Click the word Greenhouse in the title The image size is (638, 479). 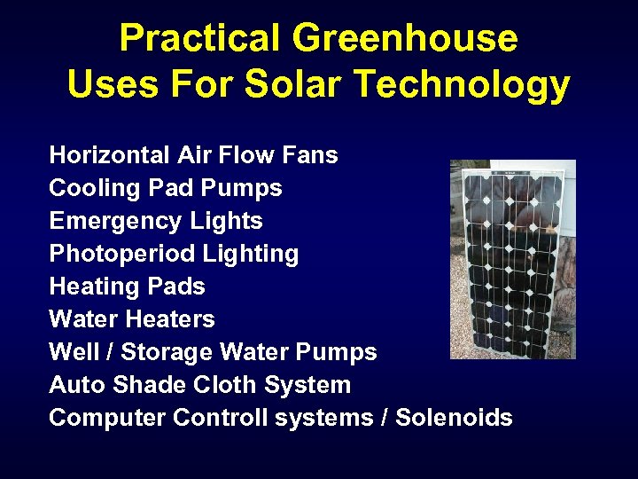click(406, 39)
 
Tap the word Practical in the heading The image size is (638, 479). click(200, 39)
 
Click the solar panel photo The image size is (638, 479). click(512, 259)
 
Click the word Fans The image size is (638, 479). click(309, 155)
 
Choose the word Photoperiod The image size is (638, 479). click(122, 255)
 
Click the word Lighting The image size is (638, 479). click(251, 255)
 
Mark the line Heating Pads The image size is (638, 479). click(127, 287)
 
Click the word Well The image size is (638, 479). click(74, 352)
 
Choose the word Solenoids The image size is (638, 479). click(454, 418)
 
